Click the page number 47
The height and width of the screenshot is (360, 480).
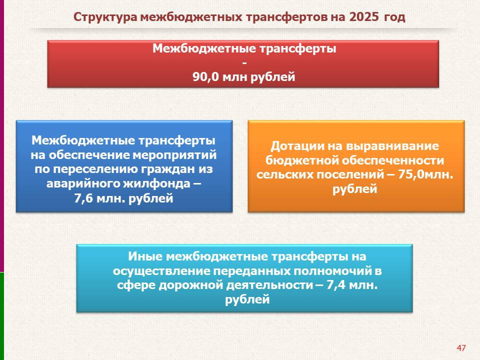tap(461, 348)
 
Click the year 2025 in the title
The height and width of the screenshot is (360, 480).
tap(363, 17)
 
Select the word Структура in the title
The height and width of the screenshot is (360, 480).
tap(105, 17)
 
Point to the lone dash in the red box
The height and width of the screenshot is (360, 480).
tap(244, 63)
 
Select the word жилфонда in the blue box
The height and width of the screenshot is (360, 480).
tap(157, 183)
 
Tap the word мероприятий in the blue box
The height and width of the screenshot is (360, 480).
tap(175, 155)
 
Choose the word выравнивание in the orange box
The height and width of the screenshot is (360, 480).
tap(392, 146)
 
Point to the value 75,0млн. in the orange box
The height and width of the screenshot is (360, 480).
tap(425, 174)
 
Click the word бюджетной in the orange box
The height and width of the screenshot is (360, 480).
tap(302, 160)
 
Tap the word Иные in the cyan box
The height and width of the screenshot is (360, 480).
tap(145, 256)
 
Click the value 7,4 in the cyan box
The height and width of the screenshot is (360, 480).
tap(336, 285)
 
